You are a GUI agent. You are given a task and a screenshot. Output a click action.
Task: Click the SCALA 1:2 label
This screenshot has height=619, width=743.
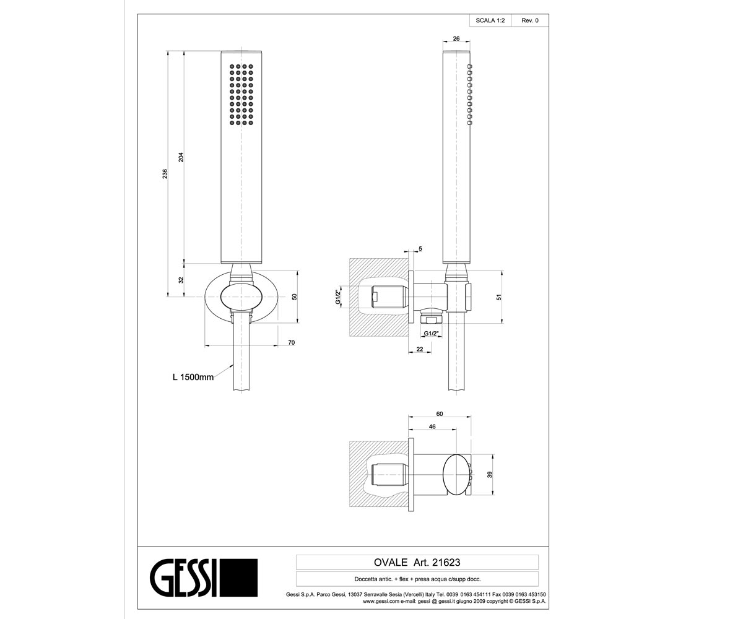click(x=490, y=20)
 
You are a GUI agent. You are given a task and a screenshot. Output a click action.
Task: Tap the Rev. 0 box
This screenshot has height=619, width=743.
click(x=530, y=20)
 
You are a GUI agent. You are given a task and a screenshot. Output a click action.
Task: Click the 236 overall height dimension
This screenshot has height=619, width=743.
click(x=165, y=173)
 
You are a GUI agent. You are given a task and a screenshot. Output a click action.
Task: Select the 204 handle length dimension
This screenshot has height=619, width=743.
click(x=181, y=157)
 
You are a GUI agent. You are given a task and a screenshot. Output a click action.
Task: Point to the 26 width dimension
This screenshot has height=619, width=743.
click(x=456, y=38)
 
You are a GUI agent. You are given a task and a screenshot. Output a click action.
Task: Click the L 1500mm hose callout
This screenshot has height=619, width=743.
click(x=193, y=377)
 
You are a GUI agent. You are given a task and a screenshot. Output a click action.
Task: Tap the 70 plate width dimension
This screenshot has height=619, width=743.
click(x=292, y=342)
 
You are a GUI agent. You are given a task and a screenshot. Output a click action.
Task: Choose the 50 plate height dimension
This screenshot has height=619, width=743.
click(x=294, y=297)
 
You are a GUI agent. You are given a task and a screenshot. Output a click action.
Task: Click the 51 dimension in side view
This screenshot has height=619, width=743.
click(x=499, y=297)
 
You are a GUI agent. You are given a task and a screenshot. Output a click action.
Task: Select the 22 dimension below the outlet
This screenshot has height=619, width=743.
click(x=420, y=349)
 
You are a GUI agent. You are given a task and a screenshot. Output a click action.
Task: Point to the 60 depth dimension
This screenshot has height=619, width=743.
click(x=440, y=413)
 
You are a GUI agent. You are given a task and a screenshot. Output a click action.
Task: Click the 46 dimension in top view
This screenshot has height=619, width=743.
click(x=432, y=426)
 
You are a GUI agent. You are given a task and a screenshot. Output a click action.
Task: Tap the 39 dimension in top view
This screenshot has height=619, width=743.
click(x=490, y=475)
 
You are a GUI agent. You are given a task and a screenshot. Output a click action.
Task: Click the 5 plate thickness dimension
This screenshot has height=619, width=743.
click(x=420, y=249)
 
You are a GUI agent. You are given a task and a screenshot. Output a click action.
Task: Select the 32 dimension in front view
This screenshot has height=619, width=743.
click(x=181, y=280)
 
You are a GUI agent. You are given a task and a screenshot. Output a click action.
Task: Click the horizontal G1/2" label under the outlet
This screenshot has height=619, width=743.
click(x=432, y=334)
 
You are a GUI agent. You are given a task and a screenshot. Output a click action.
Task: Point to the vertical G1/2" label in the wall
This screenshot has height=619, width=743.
click(x=338, y=297)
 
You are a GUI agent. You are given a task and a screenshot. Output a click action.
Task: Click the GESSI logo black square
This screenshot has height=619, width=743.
click(x=238, y=578)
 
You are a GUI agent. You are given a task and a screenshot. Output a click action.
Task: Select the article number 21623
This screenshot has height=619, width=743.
click(x=446, y=563)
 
